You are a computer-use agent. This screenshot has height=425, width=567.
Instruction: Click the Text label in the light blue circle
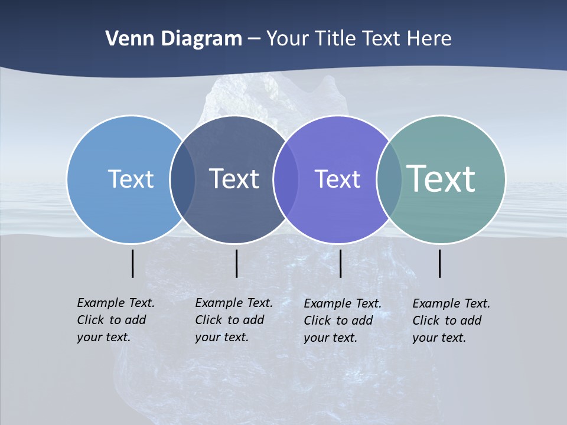pos(131,179)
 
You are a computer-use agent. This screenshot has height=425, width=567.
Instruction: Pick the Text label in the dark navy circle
pos(234,179)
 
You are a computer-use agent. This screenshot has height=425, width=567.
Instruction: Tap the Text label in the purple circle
pos(337,179)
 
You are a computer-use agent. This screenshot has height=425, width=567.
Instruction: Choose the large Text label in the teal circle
pos(441,179)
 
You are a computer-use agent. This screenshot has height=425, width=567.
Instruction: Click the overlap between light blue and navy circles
pos(183,179)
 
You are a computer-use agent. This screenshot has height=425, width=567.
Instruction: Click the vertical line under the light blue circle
pos(133,263)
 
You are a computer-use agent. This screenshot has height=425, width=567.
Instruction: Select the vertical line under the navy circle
pos(236,263)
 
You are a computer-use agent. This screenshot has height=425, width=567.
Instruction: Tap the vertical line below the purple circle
pos(340,263)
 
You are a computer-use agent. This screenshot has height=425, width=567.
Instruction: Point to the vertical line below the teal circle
pos(440,263)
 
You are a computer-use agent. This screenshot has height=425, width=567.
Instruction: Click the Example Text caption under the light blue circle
pos(116,320)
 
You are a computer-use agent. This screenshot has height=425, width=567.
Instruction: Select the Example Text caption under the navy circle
pos(234,320)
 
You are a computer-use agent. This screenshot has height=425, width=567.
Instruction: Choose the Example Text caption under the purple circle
pos(343,321)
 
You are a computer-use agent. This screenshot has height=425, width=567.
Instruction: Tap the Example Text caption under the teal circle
pos(451,321)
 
